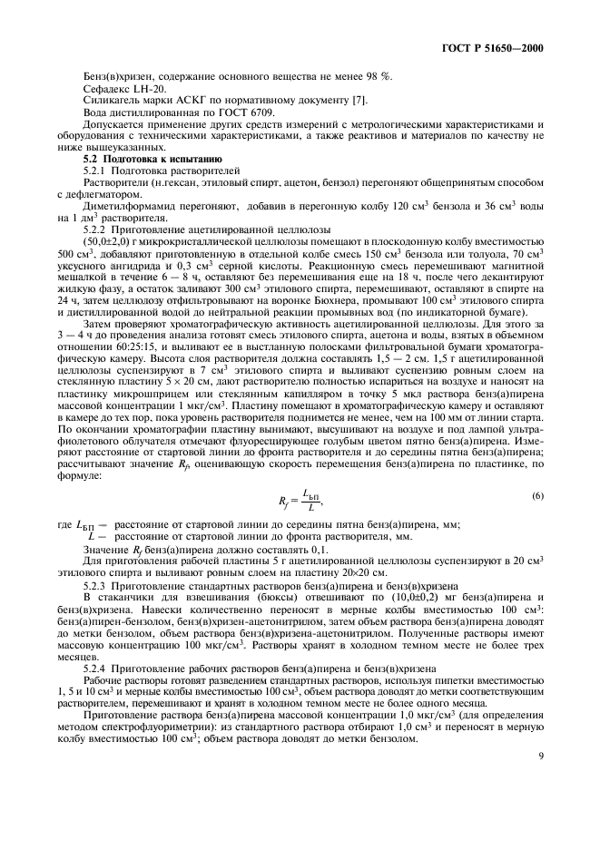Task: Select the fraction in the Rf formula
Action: [310, 499]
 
